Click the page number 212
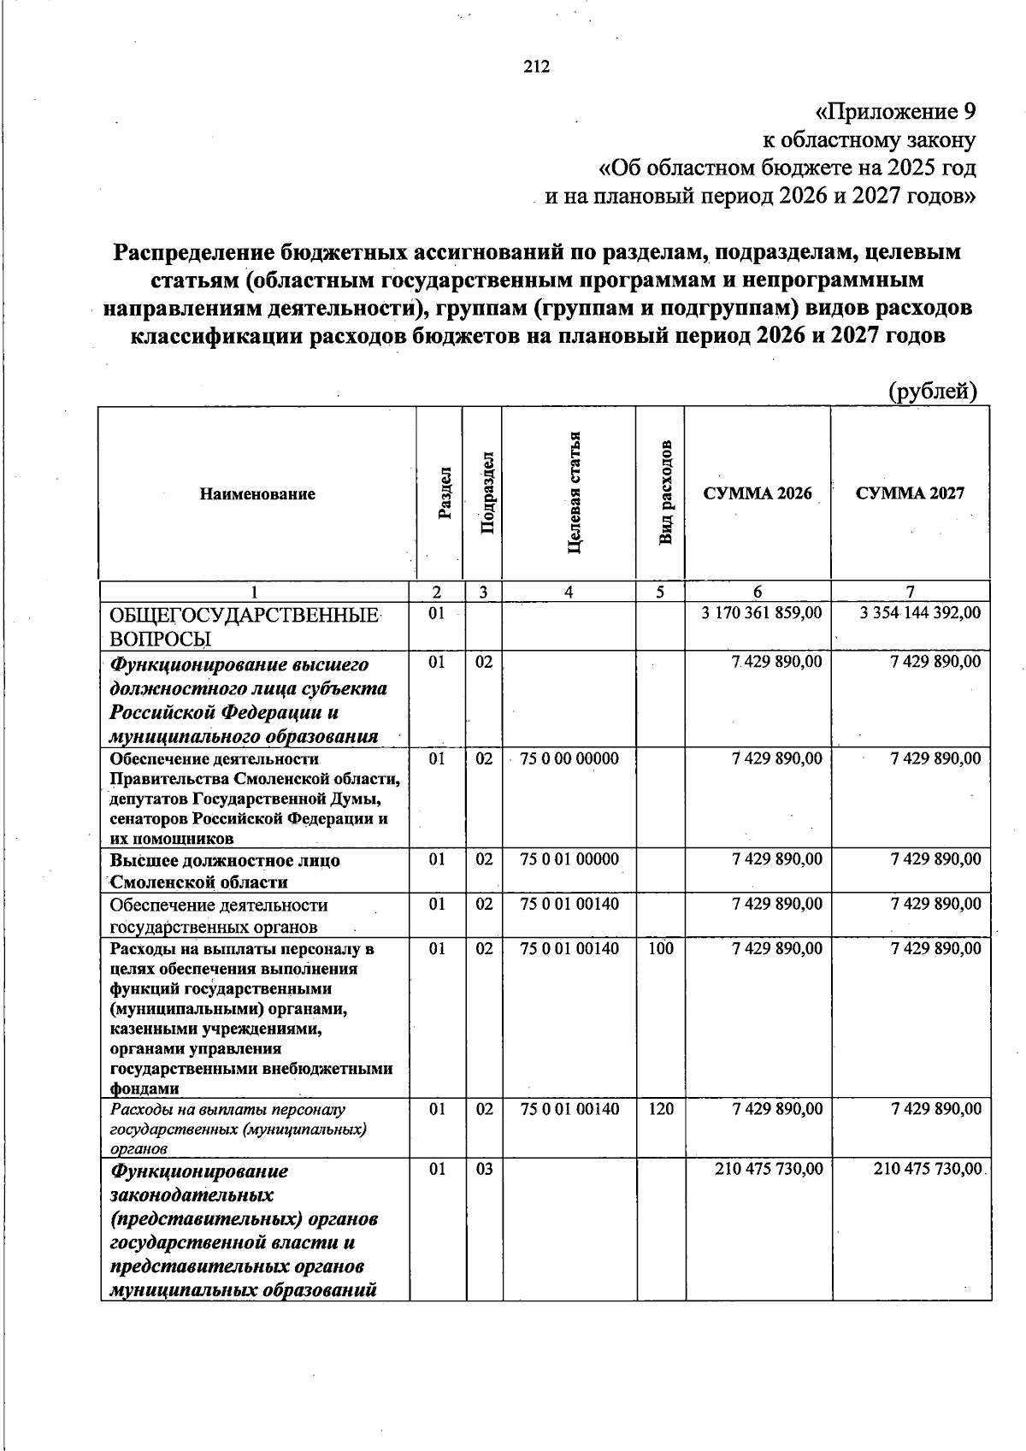pos(537,68)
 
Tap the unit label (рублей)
pos(932,392)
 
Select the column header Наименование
pos(257,494)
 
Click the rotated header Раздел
pos(444,493)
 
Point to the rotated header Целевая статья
pos(575,493)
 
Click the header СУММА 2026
pos(757,493)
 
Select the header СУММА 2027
pos(910,493)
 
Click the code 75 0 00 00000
pos(569,758)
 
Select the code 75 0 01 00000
pos(569,859)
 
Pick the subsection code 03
pos(485,1169)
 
